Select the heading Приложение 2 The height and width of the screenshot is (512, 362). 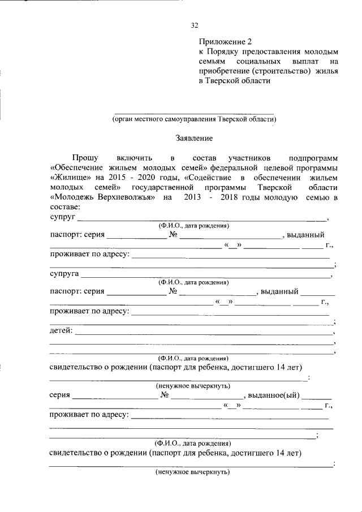[x=225, y=41]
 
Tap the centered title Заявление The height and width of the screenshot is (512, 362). [x=194, y=138]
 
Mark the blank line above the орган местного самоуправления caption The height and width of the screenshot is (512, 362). [x=194, y=113]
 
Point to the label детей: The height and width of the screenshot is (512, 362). [x=61, y=330]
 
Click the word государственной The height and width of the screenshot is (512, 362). [x=162, y=187]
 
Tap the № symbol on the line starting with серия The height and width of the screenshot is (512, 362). [x=165, y=395]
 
